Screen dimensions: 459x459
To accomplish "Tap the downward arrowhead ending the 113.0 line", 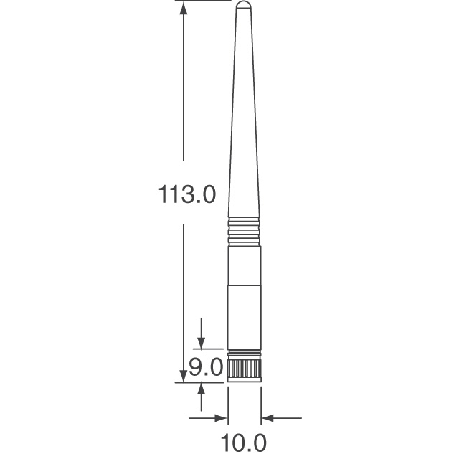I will coord(184,376).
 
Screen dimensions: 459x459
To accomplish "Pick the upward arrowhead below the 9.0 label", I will coord(202,389).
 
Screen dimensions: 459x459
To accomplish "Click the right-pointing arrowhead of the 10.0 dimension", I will coord(219,416).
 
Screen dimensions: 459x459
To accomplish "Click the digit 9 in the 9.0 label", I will coord(195,369).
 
